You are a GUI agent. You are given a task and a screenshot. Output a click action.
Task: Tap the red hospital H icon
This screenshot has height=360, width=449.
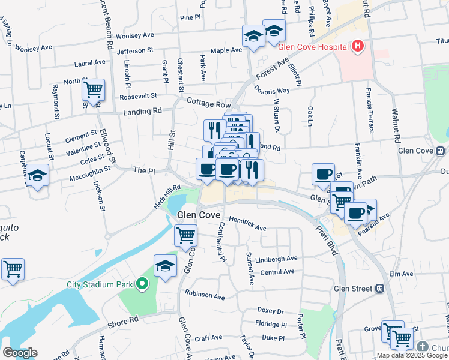tap(358, 46)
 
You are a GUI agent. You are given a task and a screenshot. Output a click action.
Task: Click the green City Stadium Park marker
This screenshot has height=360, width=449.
tap(142, 284)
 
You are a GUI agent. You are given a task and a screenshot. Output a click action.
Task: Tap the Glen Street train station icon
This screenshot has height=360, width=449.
tap(379, 289)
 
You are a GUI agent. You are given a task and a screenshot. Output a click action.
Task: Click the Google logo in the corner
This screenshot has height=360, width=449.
tap(20, 353)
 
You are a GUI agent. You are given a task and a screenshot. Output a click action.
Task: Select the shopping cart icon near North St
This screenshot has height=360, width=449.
tap(93, 90)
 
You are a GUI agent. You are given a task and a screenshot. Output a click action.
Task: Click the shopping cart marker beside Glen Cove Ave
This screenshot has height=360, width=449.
tap(186, 235)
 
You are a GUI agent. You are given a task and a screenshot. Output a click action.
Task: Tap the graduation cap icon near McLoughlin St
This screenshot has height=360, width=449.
tap(37, 176)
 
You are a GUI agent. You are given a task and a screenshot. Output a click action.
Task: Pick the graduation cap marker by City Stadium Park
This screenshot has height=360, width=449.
tap(166, 266)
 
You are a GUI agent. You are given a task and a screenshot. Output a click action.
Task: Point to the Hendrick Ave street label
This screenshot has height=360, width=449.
tap(247, 224)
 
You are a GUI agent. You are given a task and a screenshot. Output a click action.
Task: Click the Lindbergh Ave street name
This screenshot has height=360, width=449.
tap(276, 259)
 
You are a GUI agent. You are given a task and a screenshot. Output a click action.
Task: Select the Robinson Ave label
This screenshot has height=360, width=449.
tap(205, 295)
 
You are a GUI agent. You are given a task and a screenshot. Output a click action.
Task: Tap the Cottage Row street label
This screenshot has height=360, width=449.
tap(208, 104)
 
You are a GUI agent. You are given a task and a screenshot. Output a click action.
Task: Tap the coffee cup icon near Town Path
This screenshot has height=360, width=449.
tap(323, 175)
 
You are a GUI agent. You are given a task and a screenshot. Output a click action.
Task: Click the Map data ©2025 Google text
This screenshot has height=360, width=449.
tap(412, 355)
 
